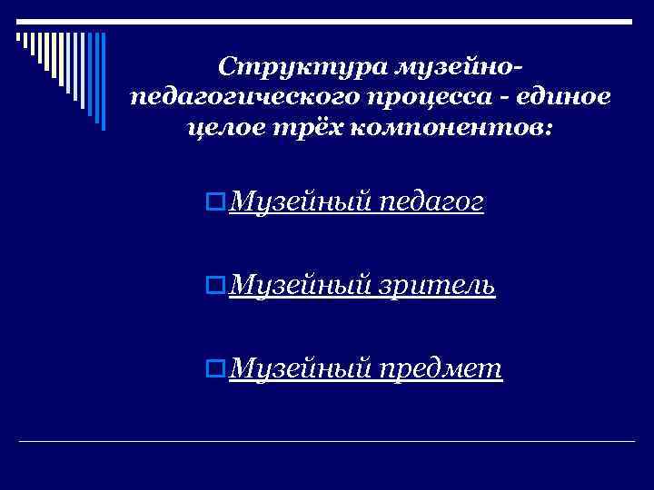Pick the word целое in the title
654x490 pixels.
point(222,128)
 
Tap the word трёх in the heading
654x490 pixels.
point(300,128)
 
